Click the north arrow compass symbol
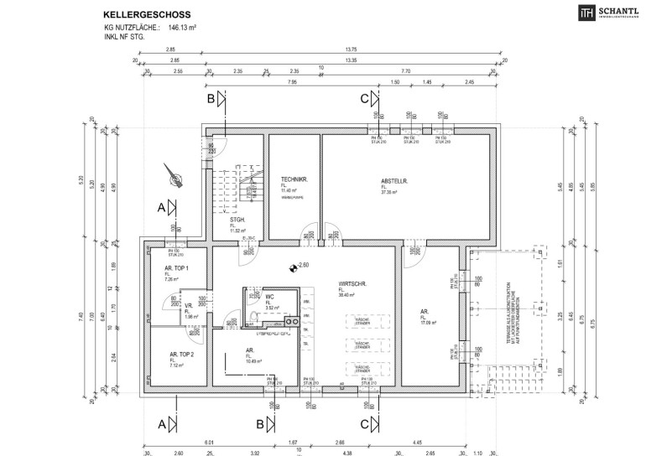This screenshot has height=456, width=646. point(175,176)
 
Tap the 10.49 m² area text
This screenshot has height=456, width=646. point(253,361)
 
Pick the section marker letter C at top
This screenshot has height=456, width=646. point(364,98)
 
